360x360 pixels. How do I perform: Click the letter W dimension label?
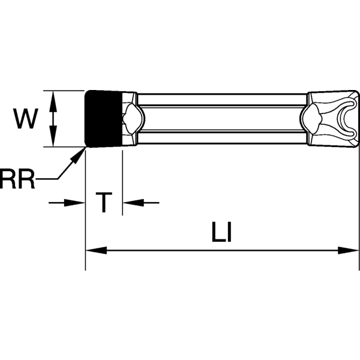point(25,119)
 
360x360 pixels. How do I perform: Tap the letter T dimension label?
point(104,203)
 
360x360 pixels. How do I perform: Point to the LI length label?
point(221,233)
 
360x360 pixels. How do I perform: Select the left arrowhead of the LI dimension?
point(93,250)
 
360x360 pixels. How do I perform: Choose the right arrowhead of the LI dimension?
point(352,250)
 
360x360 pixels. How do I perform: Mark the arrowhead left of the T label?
point(78,203)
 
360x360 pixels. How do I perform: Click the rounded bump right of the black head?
point(132,118)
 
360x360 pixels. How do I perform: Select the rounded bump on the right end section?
point(313,118)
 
